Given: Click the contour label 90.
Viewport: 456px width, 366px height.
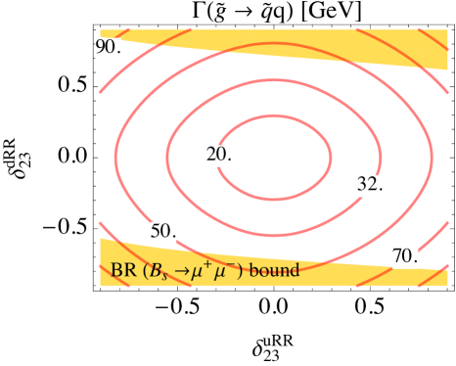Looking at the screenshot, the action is (108, 48).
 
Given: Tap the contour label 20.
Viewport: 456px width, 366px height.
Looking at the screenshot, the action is (219, 155).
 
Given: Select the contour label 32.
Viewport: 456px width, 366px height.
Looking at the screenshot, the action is (369, 184).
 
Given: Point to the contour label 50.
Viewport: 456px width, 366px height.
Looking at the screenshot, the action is (162, 232).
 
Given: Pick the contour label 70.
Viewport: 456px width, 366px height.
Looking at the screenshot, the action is (405, 257).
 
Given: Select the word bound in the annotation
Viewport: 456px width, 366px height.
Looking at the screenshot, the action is (274, 270).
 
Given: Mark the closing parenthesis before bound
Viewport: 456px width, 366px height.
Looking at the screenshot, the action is (241, 271).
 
